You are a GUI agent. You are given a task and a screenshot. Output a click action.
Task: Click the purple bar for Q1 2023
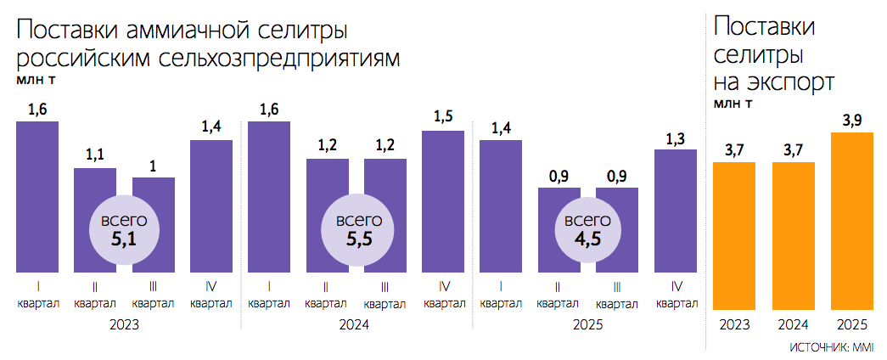point(37,196)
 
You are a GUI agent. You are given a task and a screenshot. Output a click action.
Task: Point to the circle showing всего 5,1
point(124,230)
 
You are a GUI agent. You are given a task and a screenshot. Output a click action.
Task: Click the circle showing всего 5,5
point(356,230)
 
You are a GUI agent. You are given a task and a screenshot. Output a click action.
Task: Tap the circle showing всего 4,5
point(588,230)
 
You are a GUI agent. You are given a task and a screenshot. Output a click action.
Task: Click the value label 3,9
point(851,121)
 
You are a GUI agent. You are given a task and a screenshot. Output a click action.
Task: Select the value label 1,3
point(676,137)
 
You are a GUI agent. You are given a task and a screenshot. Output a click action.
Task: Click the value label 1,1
point(95,155)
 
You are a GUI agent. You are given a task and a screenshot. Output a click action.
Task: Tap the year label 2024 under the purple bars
point(356,324)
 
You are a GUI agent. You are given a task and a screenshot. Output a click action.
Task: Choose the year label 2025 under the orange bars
point(851,324)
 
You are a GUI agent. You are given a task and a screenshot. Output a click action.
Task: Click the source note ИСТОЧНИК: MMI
point(832,348)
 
